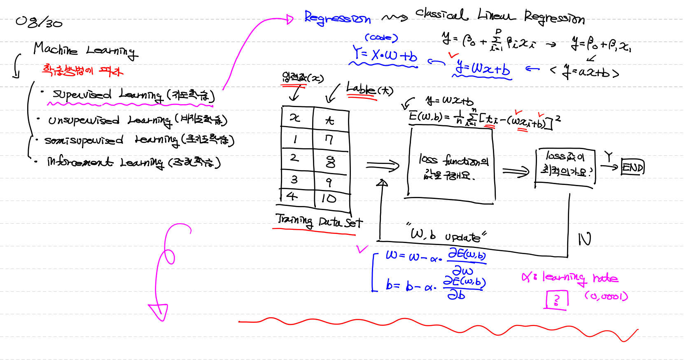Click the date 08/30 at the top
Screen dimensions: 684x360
coord(39,21)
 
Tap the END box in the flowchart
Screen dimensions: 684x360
coord(633,167)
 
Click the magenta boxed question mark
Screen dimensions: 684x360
coord(557,299)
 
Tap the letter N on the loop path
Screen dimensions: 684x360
coord(584,239)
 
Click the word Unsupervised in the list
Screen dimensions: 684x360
coord(84,120)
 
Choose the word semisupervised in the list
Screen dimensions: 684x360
coord(84,140)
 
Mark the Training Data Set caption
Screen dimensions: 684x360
coord(319,221)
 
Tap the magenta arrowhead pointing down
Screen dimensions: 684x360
coord(159,312)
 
